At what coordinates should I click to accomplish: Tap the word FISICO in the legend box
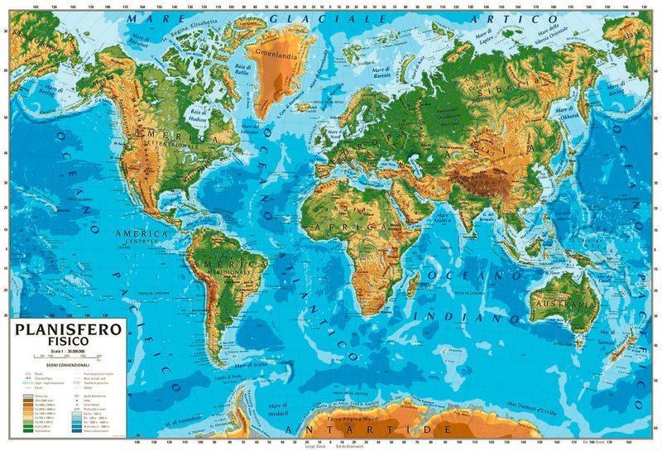click(65, 343)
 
